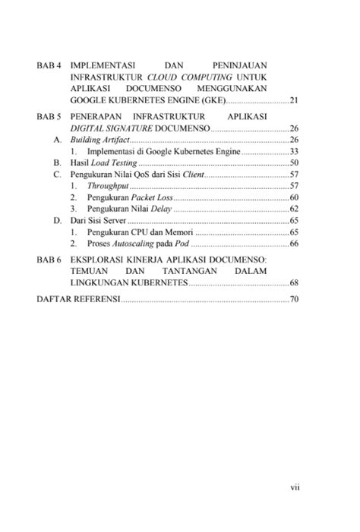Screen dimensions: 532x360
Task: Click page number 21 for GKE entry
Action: tap(295, 100)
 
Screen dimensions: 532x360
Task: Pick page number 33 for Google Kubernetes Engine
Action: tap(295, 152)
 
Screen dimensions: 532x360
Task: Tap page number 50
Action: tap(295, 163)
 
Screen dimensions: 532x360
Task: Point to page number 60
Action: tap(295, 197)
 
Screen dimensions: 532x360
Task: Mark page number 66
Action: tap(295, 243)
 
